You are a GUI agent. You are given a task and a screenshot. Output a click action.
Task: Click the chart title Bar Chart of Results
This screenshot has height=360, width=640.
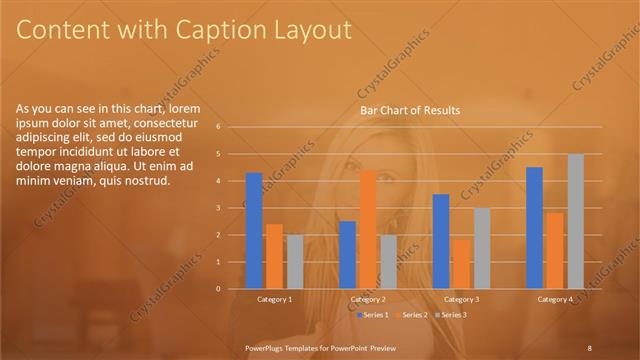coord(410,110)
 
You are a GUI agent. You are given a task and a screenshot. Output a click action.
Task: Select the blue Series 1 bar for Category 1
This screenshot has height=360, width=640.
coord(254,231)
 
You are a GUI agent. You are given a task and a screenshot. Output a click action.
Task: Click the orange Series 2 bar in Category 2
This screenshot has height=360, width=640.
coord(367,229)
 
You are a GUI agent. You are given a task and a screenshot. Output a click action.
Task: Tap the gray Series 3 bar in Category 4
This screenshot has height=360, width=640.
coord(575,221)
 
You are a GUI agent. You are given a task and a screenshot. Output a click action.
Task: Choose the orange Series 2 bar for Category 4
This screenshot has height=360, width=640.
coord(555,250)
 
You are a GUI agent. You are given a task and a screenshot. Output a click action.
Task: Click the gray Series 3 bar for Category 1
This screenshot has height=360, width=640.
coord(294,261)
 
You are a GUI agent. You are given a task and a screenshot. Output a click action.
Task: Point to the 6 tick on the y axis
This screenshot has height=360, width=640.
coord(231,127)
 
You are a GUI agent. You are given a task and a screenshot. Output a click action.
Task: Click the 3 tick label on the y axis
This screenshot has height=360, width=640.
coord(231,208)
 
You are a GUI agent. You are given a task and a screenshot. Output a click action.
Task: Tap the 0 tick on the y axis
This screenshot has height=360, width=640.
coord(231,289)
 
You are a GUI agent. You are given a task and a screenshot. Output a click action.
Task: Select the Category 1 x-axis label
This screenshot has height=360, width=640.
coord(274,299)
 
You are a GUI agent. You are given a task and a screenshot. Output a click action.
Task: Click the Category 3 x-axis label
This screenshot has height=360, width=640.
coord(461,299)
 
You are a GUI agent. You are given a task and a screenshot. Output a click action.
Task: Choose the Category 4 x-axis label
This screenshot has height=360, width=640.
coord(555,299)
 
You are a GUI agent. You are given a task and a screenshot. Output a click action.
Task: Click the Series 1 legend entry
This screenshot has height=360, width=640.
coord(375,315)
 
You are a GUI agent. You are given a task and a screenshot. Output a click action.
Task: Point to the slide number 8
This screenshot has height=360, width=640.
coord(589,348)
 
